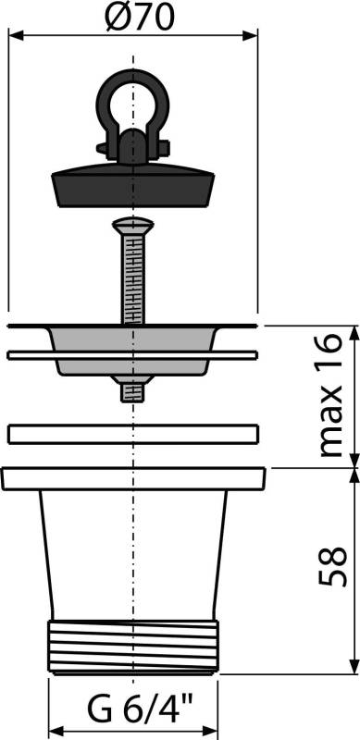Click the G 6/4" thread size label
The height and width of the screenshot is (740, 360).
click(x=134, y=713)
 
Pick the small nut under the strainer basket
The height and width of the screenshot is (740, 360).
click(x=133, y=389)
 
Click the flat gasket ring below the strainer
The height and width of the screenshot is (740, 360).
click(x=133, y=433)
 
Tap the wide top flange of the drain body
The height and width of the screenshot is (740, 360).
click(x=133, y=478)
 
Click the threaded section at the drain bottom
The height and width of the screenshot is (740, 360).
click(x=133, y=647)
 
